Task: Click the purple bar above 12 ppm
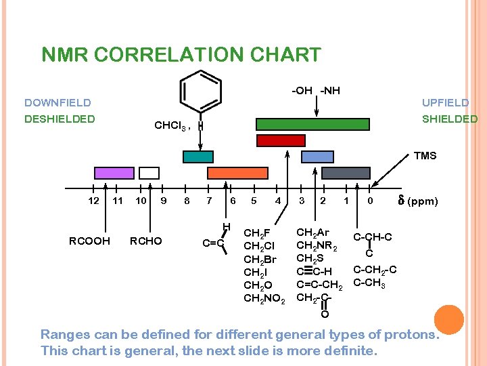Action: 114,172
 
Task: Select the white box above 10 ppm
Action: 149,172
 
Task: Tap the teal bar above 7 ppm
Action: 198,157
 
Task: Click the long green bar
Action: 312,124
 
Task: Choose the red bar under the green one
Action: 281,140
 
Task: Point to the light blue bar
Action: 317,157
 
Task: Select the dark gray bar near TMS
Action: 346,173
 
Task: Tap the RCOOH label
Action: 89,241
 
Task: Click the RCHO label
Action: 145,241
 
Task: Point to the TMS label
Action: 425,156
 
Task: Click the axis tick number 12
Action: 94,201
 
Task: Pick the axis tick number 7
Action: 209,201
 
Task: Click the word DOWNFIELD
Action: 57,103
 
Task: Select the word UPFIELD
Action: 445,103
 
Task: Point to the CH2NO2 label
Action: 264,299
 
